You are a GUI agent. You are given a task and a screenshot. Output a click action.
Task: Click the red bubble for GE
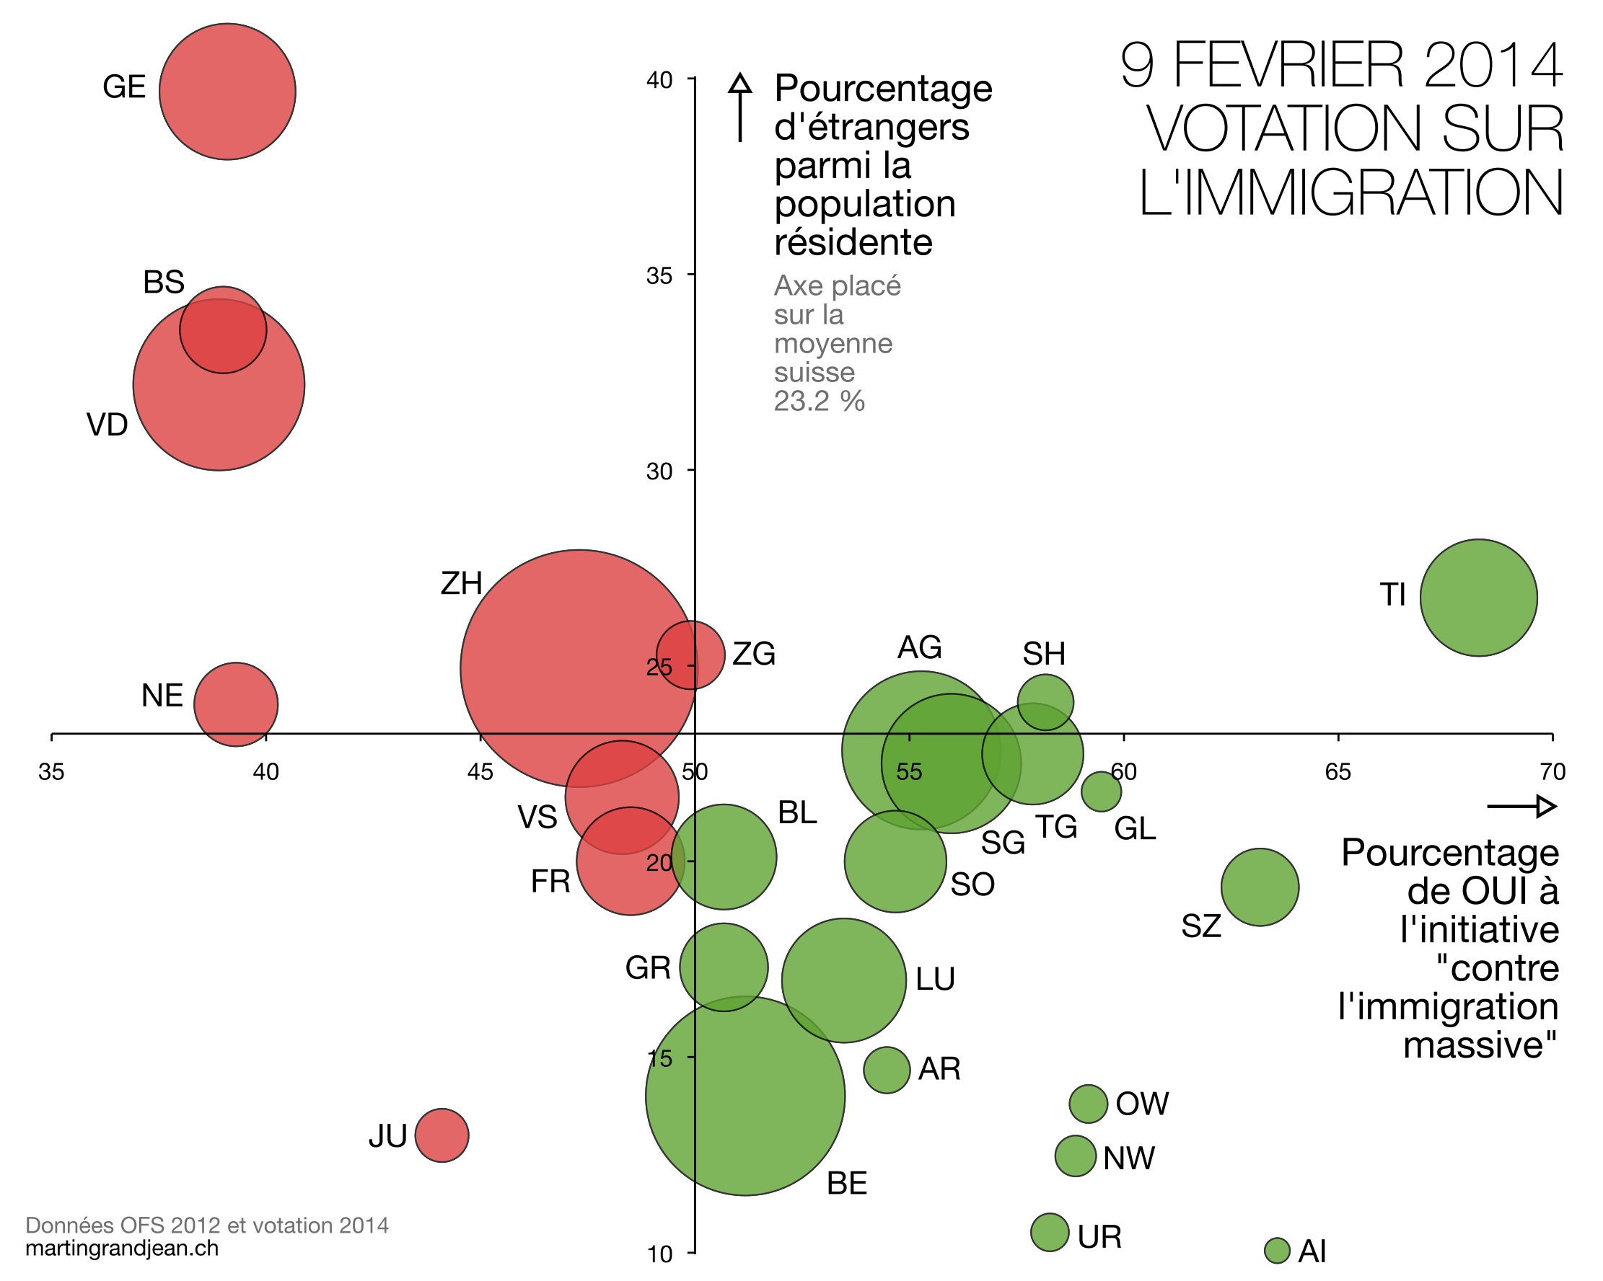(227, 92)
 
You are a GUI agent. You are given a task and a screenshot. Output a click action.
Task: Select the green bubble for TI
(1478, 598)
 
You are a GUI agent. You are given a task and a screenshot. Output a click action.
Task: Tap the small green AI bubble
(1277, 1251)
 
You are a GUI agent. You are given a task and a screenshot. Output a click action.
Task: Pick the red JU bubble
(442, 1135)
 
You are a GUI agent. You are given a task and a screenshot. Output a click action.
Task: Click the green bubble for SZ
(1260, 887)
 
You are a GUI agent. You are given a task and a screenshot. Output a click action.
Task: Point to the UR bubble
(1049, 1233)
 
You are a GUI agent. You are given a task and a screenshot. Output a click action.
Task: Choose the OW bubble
(1089, 1104)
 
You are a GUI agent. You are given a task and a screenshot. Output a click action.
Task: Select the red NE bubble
(236, 704)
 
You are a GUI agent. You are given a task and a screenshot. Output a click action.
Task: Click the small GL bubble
(1101, 792)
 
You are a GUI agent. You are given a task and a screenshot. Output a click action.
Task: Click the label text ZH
(461, 584)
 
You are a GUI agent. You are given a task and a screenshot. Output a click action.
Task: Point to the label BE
(847, 1184)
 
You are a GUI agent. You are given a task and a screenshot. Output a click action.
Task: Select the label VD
(107, 425)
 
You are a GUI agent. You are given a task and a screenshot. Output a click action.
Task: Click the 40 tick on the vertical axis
(659, 80)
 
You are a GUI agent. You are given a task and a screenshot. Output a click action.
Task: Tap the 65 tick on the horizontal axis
(1338, 772)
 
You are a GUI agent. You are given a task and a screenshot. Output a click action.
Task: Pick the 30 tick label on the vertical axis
(659, 471)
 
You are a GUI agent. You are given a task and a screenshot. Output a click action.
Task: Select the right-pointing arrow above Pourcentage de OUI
(1521, 806)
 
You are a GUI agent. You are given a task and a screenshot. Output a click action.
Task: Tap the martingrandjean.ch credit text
(122, 1248)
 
